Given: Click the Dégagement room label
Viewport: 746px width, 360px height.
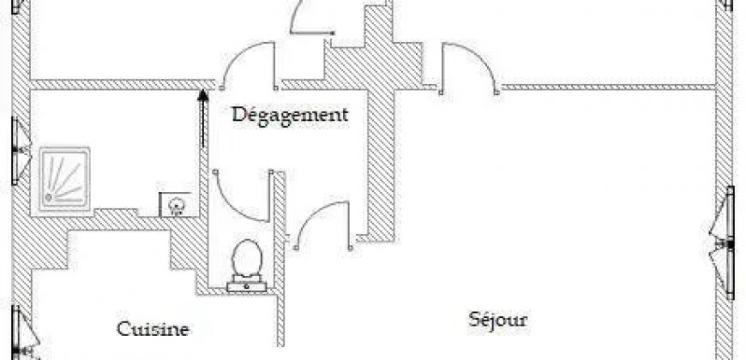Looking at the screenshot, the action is (290, 116).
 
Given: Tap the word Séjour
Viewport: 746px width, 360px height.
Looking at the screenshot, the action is (497, 320).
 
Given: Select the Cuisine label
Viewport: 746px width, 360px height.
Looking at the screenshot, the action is (153, 328).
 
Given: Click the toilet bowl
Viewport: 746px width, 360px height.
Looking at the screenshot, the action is (246, 257).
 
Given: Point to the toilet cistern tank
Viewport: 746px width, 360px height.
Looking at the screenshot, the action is (246, 286).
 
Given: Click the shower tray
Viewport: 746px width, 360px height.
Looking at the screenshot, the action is (64, 178).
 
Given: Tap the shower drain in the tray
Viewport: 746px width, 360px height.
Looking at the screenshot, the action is (49, 196).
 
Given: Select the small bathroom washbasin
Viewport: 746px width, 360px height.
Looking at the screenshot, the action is (176, 205).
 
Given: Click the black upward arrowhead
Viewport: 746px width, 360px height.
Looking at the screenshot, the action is (203, 95).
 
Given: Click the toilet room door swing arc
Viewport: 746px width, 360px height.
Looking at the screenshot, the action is (241, 196).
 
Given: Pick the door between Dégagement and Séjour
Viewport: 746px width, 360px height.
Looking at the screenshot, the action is (323, 225).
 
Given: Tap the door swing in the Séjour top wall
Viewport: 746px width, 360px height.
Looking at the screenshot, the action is (469, 68).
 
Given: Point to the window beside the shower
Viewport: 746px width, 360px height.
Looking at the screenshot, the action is (19, 151).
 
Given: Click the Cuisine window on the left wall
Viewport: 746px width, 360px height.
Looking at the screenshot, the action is (24, 333).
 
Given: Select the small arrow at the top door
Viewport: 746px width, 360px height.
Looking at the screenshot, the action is (312, 33).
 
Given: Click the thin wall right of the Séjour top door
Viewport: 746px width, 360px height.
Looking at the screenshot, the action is (609, 87).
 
